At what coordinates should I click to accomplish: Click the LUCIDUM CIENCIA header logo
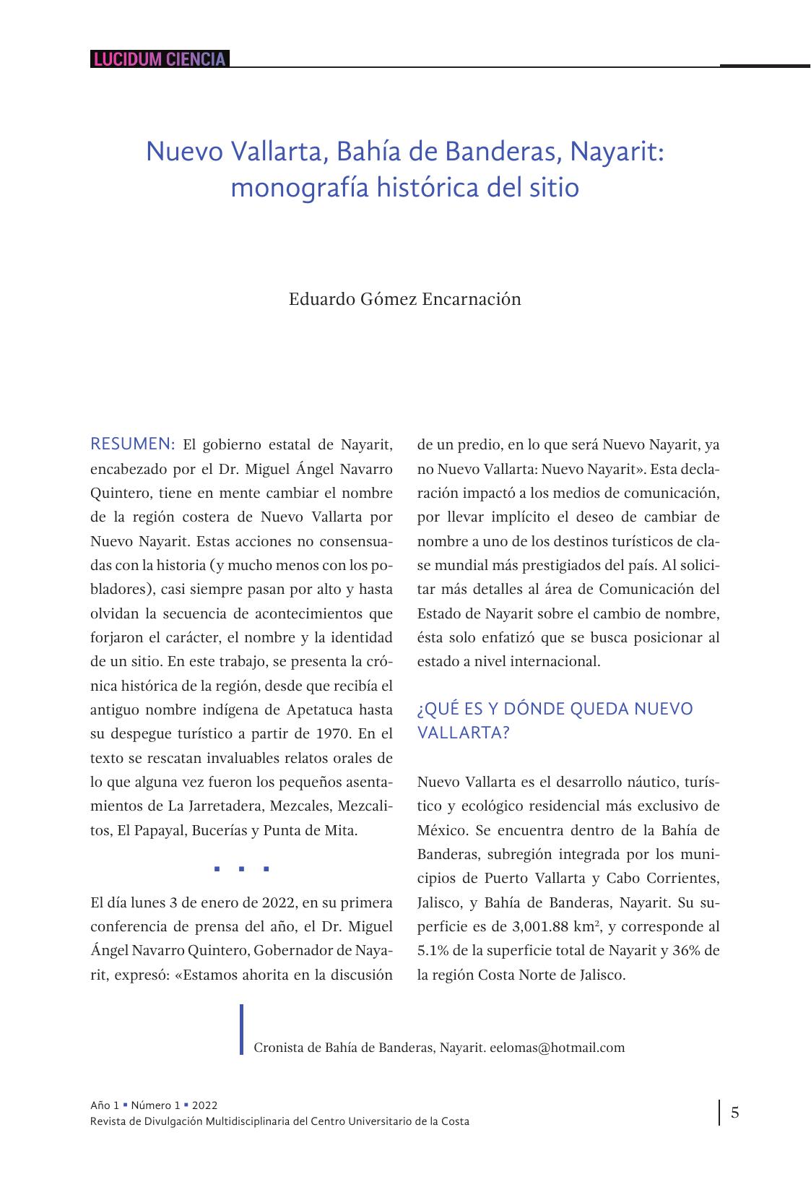coord(160,59)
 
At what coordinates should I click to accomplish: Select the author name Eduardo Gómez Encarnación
coord(404,298)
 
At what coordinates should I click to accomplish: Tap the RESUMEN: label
coord(133,444)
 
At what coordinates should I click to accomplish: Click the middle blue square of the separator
coord(242,869)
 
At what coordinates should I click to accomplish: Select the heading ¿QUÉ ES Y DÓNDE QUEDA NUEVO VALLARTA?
coord(554,720)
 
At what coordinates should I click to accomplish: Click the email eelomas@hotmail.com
coord(557,1047)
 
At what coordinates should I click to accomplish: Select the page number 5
coord(734,1112)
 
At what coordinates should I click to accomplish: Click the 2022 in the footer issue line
coord(205,1105)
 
